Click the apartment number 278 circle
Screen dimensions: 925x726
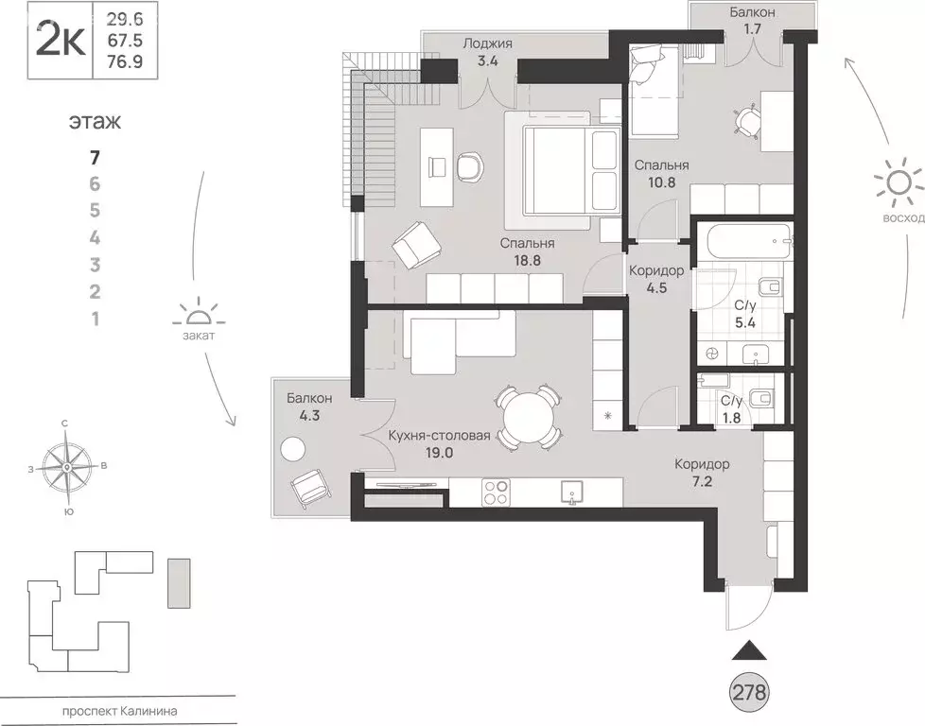(750, 691)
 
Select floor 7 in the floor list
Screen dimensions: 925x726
(95, 158)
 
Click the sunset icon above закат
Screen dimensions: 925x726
(200, 312)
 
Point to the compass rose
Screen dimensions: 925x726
(67, 468)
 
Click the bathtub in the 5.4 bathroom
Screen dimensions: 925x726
(743, 240)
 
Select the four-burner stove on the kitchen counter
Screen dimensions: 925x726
(497, 492)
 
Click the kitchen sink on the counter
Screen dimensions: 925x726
(571, 493)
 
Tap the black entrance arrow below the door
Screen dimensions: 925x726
(749, 650)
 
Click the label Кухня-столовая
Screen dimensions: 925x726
(440, 436)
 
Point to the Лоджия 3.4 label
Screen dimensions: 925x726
(487, 52)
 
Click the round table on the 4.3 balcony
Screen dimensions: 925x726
(292, 451)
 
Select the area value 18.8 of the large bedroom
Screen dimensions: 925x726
(527, 261)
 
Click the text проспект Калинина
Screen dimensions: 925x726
(120, 711)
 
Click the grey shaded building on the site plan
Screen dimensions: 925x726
(179, 583)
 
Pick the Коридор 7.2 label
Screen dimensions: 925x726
(702, 473)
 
